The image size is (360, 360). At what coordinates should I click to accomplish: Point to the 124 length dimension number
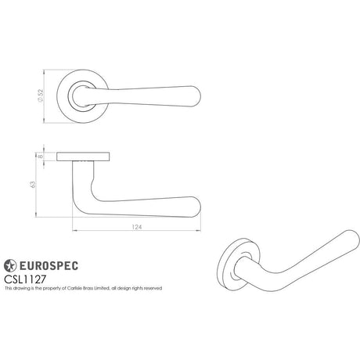138,227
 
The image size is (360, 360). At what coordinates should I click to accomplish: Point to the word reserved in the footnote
151,288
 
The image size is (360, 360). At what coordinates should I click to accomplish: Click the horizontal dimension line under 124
138,232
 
